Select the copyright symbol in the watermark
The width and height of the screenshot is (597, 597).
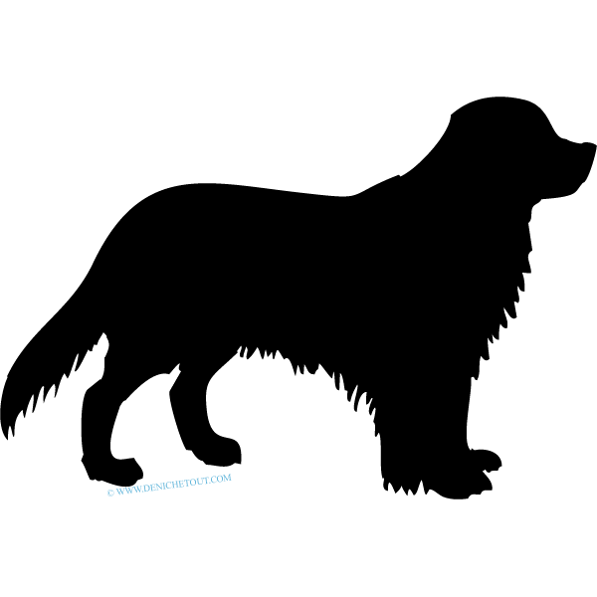110,493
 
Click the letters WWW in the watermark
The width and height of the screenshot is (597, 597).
126,491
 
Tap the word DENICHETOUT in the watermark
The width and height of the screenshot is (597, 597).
176,484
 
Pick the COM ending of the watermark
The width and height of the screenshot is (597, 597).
223,479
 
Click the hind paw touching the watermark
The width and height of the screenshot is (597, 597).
114,472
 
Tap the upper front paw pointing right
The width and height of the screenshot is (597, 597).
486,459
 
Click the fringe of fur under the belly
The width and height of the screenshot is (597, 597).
304,365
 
